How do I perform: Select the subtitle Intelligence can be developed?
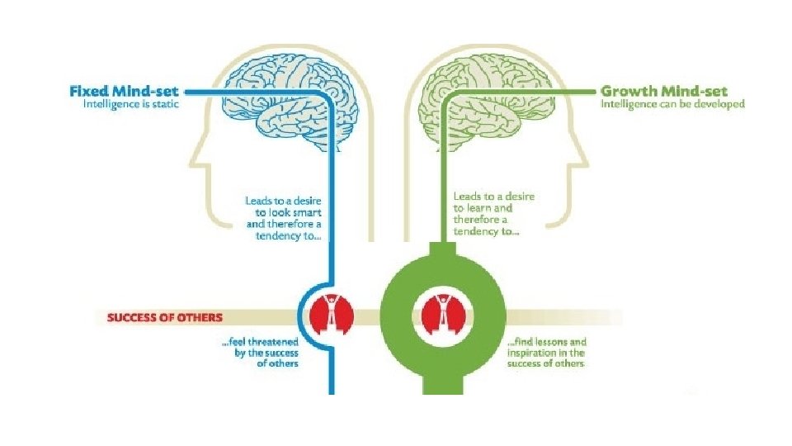[672, 104]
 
